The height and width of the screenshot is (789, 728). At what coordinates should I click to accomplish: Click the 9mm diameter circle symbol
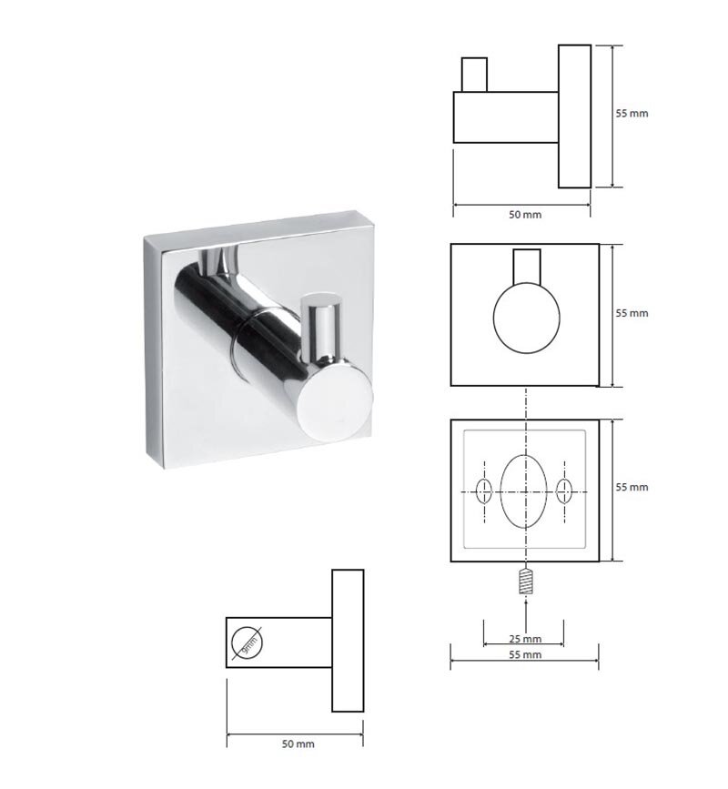coord(247,642)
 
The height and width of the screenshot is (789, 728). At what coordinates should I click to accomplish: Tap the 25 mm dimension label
coord(525,639)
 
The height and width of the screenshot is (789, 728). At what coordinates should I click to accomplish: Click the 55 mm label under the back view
coord(525,654)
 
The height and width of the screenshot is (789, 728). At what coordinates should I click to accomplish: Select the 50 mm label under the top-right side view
coord(525,215)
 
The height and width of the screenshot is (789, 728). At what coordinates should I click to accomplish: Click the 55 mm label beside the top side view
coord(632,113)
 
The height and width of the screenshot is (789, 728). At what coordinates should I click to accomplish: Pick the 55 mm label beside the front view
coord(632,313)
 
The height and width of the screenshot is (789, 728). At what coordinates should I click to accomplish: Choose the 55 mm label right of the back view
coord(632,487)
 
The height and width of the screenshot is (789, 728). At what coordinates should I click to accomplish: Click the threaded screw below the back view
coord(526,581)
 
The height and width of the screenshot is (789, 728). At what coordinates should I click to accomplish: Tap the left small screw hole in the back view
coord(484,491)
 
